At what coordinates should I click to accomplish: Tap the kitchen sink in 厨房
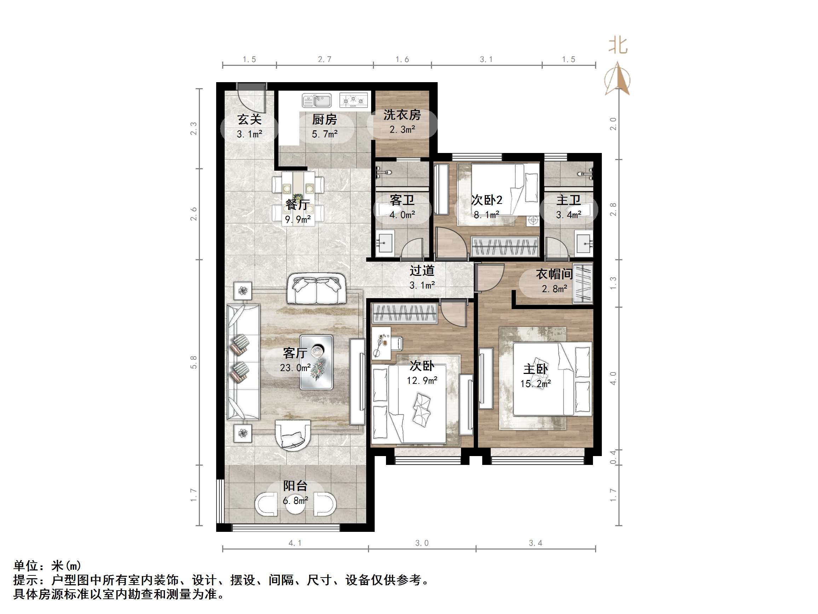317,100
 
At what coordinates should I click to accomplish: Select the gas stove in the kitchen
353,100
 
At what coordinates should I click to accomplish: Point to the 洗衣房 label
402,115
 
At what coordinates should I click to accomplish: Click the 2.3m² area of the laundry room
402,130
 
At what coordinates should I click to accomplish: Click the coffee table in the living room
316,362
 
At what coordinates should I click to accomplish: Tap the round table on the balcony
295,504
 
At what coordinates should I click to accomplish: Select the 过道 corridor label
422,271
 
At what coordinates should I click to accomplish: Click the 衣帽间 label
554,274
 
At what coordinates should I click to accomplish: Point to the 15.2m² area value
535,384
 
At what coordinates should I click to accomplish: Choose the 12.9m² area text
422,380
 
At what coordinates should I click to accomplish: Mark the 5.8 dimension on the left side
194,362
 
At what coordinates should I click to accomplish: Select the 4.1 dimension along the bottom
295,543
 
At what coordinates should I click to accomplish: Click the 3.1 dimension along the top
486,59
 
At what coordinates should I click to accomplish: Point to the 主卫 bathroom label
568,200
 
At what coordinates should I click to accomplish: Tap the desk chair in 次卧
397,343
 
